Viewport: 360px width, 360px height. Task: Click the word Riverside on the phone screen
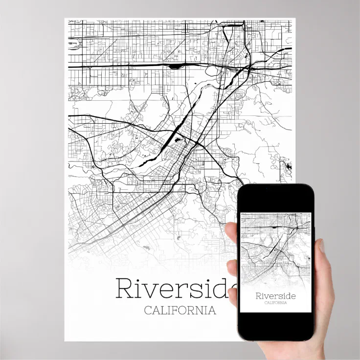click(x=275, y=295)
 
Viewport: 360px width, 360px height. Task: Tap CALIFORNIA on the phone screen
click(x=275, y=303)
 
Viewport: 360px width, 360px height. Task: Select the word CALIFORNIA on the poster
click(x=180, y=311)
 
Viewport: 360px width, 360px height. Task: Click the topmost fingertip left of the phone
click(x=233, y=230)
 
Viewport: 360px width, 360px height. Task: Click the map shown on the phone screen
click(x=275, y=249)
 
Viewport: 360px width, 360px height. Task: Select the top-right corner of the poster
click(x=295, y=19)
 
